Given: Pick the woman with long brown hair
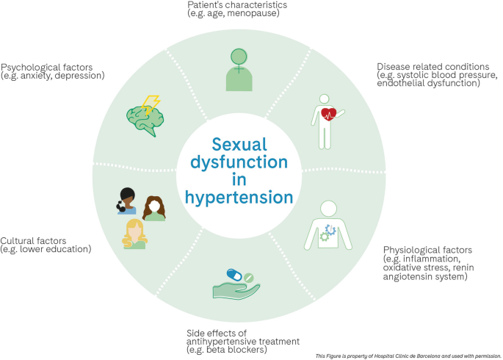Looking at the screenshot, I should [153, 208].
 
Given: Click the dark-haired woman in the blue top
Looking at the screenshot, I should [126, 201].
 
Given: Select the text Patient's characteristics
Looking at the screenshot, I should [227, 5].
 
